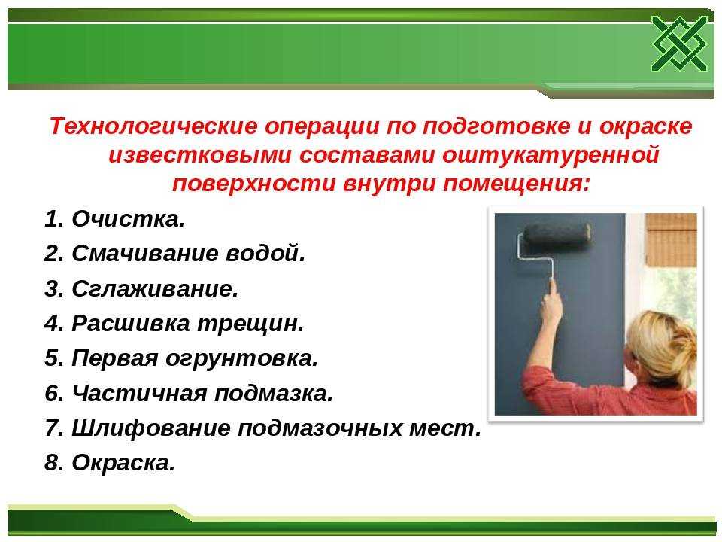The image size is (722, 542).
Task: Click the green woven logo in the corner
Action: [680, 44]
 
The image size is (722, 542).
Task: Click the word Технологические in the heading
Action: [153, 126]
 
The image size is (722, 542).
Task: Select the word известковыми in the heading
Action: [200, 155]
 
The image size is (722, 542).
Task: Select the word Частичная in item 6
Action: [140, 393]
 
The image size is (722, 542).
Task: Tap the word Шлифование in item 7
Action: [151, 428]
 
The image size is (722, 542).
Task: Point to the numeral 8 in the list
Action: [51, 463]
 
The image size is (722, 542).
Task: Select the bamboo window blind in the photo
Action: [671, 239]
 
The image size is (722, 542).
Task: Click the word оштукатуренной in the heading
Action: [551, 155]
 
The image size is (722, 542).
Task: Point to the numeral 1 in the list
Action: [51, 218]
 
